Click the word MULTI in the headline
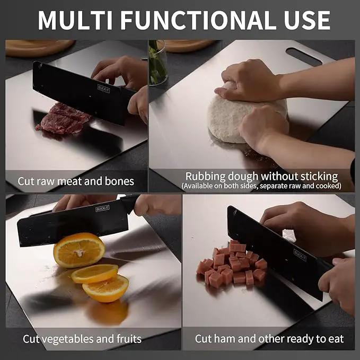(75, 20)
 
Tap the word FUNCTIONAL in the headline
(198, 20)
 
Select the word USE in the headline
(307, 20)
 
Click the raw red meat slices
(63, 119)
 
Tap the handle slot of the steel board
(304, 56)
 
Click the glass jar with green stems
(158, 63)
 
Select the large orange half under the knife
(79, 250)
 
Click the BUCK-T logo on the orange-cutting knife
(102, 208)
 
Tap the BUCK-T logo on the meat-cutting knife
(103, 89)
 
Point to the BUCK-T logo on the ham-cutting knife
(300, 255)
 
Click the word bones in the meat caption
(119, 181)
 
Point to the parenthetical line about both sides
(261, 186)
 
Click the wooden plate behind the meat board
(39, 48)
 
